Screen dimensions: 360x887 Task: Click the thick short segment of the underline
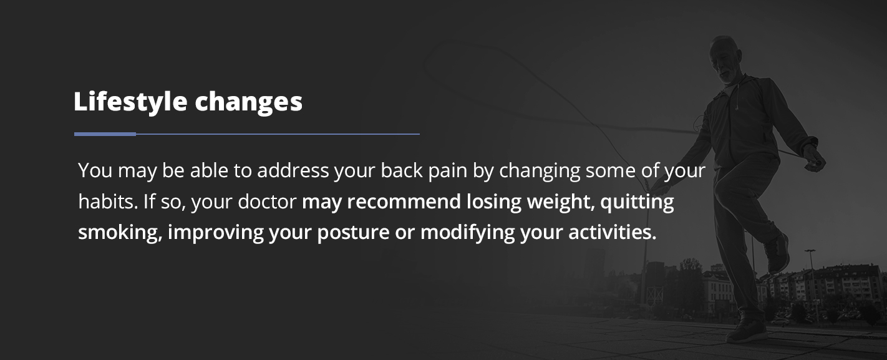pos(105,134)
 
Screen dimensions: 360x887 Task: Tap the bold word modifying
pos(467,232)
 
